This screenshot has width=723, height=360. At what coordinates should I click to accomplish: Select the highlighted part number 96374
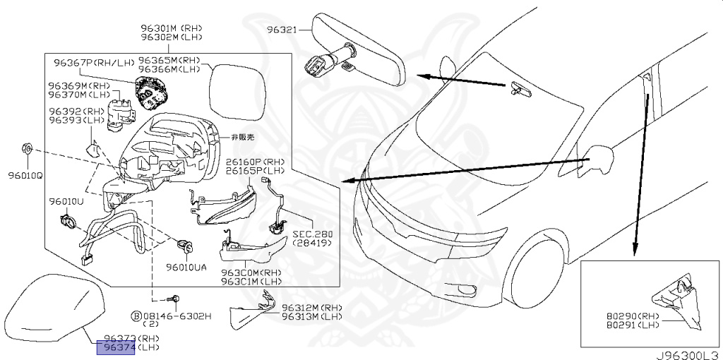pyautogui.click(x=115, y=347)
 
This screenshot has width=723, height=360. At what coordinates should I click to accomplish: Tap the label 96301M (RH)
pyautogui.click(x=169, y=29)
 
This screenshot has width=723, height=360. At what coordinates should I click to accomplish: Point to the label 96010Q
pyautogui.click(x=25, y=175)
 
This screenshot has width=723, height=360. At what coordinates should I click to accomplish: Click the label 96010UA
pyautogui.click(x=186, y=268)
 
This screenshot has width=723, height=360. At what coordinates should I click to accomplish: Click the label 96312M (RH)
pyautogui.click(x=311, y=308)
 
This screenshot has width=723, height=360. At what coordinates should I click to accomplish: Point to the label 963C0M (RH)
pyautogui.click(x=251, y=273)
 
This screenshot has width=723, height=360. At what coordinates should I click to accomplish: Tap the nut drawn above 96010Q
pyautogui.click(x=25, y=149)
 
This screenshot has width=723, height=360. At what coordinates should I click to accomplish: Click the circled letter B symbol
pyautogui.click(x=135, y=316)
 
